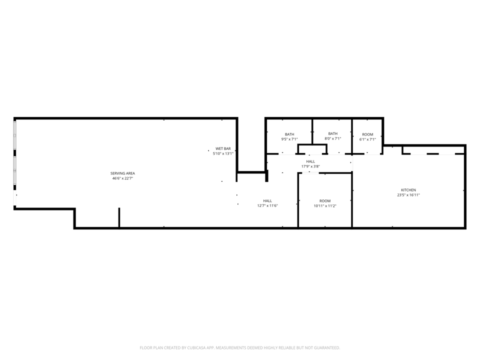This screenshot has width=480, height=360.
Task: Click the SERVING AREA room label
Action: [122, 173]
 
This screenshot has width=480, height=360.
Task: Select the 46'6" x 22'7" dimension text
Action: [122, 178]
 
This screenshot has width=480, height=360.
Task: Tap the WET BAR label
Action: [223, 149]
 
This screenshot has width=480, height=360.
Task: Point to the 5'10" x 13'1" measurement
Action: [223, 153]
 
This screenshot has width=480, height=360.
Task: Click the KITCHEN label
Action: [408, 190]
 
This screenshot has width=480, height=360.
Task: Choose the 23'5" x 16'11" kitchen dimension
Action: [408, 195]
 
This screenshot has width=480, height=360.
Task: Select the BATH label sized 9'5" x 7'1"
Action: [289, 134]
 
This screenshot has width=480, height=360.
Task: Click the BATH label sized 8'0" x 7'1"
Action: [333, 133]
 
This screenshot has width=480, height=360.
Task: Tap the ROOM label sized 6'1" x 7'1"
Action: [367, 134]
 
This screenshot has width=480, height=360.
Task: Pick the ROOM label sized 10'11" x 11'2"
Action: [325, 201]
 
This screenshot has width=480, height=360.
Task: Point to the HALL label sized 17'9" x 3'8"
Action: [310, 161]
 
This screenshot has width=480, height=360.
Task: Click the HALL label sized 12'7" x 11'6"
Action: [267, 201]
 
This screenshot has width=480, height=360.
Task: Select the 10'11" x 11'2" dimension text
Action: [325, 206]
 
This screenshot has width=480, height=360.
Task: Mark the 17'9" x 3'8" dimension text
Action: [310, 166]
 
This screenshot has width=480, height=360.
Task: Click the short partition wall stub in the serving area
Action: [119, 217]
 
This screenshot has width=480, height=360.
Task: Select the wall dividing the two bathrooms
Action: [312, 131]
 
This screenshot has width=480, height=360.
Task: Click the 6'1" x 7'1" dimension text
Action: [367, 139]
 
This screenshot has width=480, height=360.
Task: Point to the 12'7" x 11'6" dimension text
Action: [267, 205]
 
